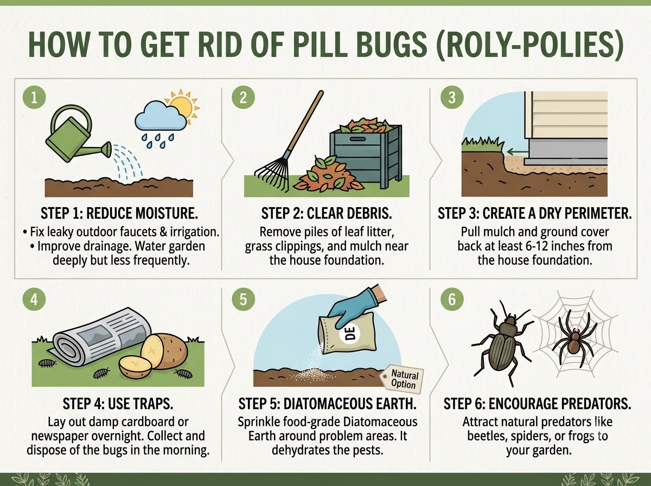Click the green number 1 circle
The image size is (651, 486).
[34, 97]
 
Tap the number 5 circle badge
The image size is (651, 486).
[243, 299]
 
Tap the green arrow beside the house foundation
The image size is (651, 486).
[517, 152]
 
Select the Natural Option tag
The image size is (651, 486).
[403, 379]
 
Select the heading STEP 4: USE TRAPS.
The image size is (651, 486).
[118, 404]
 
